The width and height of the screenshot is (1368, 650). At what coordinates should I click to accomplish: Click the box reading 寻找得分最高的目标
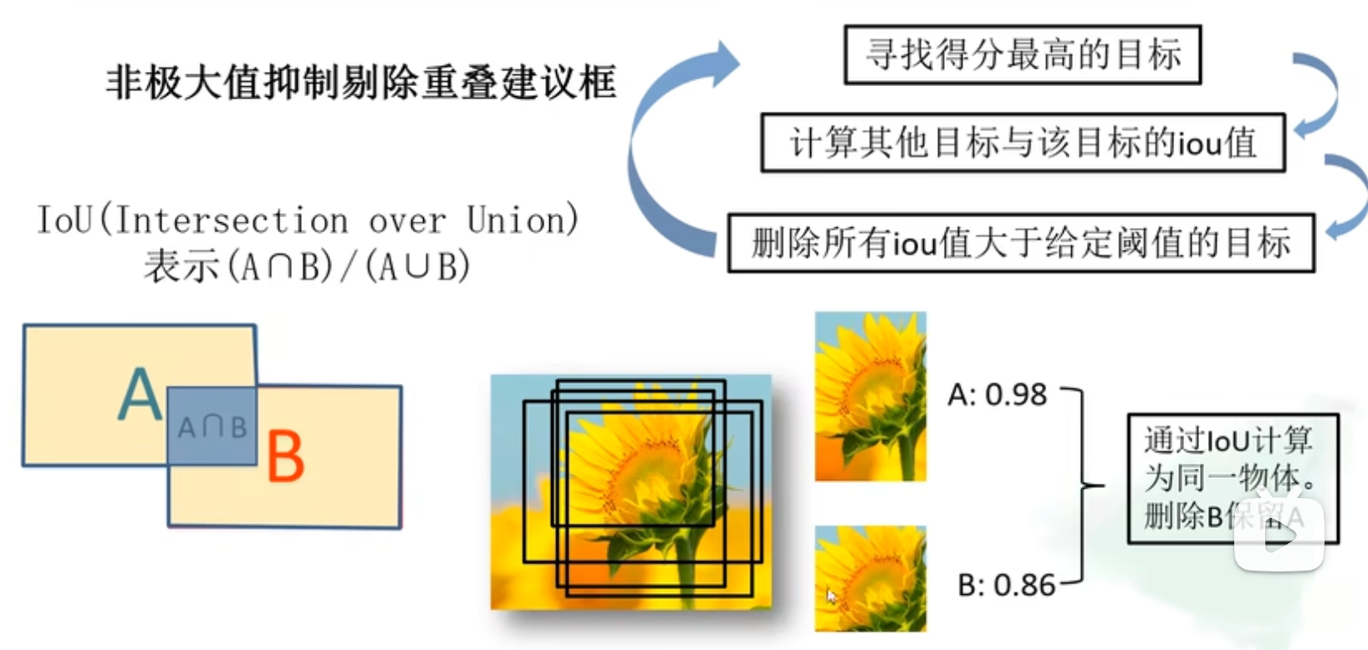tap(1022, 55)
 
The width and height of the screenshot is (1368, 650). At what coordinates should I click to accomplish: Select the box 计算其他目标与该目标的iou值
tap(1022, 143)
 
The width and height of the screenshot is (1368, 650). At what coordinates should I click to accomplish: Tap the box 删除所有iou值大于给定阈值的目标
tap(1020, 243)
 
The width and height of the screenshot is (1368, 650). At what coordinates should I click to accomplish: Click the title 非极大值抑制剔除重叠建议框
tap(360, 83)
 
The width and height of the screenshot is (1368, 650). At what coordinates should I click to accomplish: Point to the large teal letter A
tap(140, 394)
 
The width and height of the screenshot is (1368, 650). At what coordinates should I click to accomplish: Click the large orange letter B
tap(285, 457)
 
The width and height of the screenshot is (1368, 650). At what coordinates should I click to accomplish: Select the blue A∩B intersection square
tap(212, 426)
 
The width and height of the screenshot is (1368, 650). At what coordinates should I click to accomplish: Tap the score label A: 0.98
tap(997, 394)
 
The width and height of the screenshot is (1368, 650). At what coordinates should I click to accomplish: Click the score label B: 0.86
tap(1006, 586)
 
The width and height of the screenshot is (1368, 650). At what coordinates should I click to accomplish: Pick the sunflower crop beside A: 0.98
tap(870, 396)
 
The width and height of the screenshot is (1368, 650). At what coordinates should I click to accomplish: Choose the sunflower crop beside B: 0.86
tap(870, 578)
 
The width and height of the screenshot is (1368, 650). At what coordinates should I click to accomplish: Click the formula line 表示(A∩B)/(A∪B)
tap(307, 267)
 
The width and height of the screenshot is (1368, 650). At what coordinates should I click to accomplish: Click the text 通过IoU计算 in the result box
tap(1228, 440)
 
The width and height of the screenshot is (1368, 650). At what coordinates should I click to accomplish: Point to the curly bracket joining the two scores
tap(1085, 485)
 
